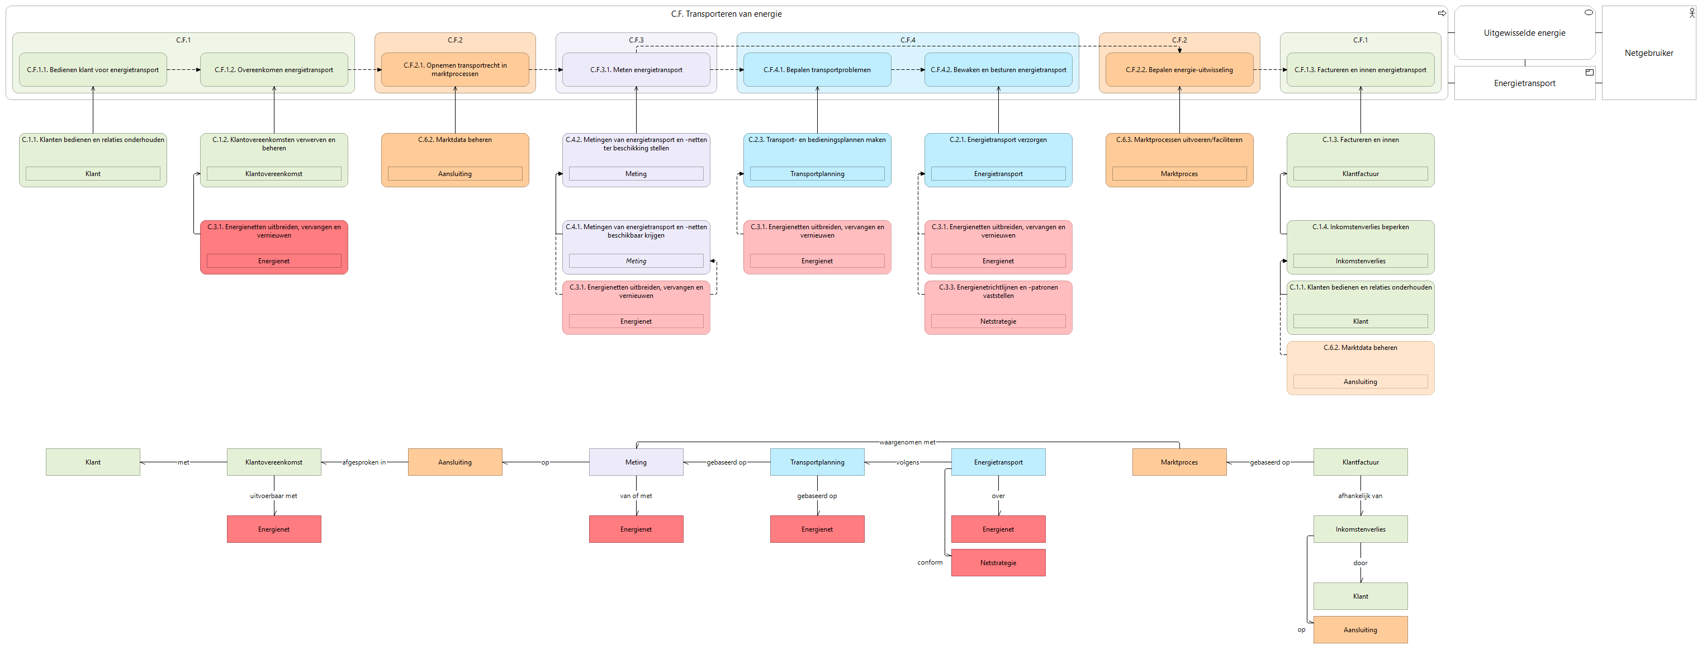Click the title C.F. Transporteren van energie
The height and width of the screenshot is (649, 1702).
[x=726, y=14]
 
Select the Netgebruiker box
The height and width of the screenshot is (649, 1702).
[x=1648, y=53]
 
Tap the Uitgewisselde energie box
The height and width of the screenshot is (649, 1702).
[x=1524, y=33]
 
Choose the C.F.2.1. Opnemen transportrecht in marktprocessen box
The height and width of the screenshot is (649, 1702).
[x=455, y=69]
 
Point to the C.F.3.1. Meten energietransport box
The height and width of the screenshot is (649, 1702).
[x=636, y=69]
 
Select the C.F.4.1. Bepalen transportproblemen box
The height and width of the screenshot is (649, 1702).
[x=817, y=69]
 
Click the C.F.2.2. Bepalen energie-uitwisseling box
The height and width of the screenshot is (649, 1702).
[x=1179, y=69]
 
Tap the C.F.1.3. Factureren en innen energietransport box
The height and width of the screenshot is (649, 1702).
[x=1360, y=69]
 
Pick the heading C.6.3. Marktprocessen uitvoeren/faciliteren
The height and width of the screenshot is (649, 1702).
[x=1179, y=139]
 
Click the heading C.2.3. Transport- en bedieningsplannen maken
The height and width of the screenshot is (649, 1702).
[x=817, y=139]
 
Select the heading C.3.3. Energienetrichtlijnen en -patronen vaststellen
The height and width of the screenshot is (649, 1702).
[x=998, y=291]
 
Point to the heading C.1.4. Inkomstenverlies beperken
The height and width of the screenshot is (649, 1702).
[x=1360, y=227]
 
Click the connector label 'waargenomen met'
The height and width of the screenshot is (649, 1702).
[x=907, y=442]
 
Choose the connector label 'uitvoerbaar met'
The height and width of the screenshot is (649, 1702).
[x=273, y=496]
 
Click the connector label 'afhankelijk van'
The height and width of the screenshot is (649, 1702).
[x=1360, y=496]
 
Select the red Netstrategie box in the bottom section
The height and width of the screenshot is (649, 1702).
[x=998, y=562]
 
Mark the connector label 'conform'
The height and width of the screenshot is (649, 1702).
[x=930, y=562]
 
